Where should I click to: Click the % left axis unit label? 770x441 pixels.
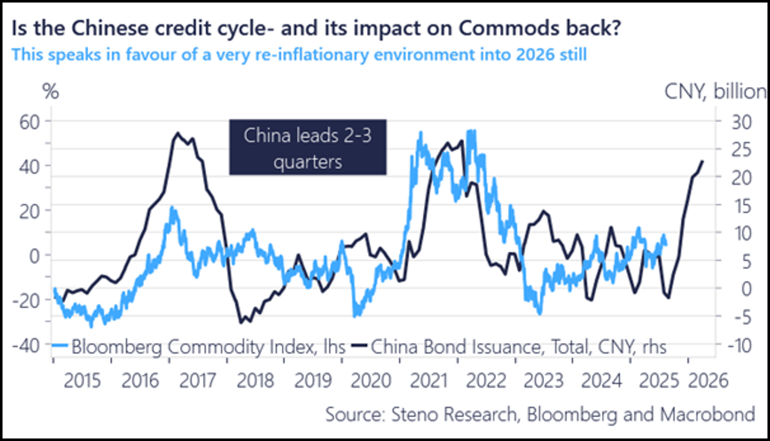[x=50, y=92]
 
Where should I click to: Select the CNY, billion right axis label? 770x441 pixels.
[x=715, y=92]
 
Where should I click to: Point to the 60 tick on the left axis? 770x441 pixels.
[x=29, y=122]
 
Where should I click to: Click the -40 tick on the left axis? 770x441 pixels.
[x=26, y=346]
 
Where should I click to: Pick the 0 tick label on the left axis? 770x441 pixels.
[x=35, y=257]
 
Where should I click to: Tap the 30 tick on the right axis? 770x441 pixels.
[x=741, y=122]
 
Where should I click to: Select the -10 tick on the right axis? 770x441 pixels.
[x=739, y=346]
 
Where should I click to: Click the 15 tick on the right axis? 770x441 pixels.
[x=741, y=206]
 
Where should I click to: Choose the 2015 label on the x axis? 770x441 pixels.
[x=82, y=381]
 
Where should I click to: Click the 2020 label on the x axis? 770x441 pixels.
[x=371, y=381]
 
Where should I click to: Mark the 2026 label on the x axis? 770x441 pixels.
[x=708, y=381]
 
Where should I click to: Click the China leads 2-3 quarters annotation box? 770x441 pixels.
[x=307, y=147]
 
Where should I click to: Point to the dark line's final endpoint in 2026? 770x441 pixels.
[x=702, y=161]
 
